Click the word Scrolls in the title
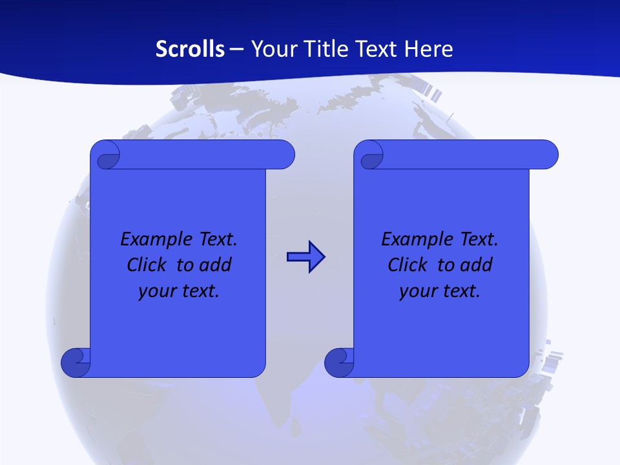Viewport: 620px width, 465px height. [x=190, y=49]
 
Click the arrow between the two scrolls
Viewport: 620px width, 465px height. [x=305, y=258]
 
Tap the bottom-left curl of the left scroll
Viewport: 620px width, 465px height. [x=76, y=362]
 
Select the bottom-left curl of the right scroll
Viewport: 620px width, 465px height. [x=339, y=362]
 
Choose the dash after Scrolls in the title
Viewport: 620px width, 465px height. [x=237, y=49]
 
